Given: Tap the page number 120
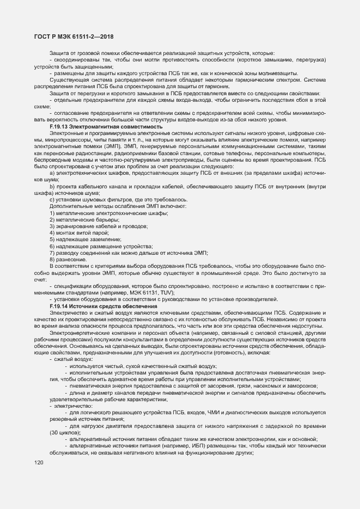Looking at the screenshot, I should point(39,463).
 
